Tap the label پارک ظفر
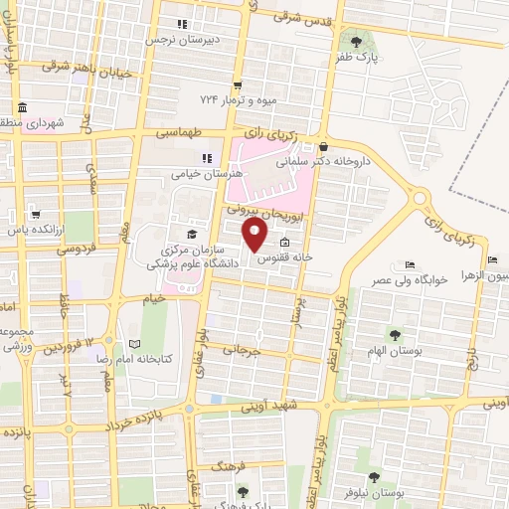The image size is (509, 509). [x=358, y=58]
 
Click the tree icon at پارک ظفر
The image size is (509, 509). [x=357, y=41]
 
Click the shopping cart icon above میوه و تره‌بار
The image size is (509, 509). [x=237, y=85]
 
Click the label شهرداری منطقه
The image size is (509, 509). [x=27, y=124]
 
